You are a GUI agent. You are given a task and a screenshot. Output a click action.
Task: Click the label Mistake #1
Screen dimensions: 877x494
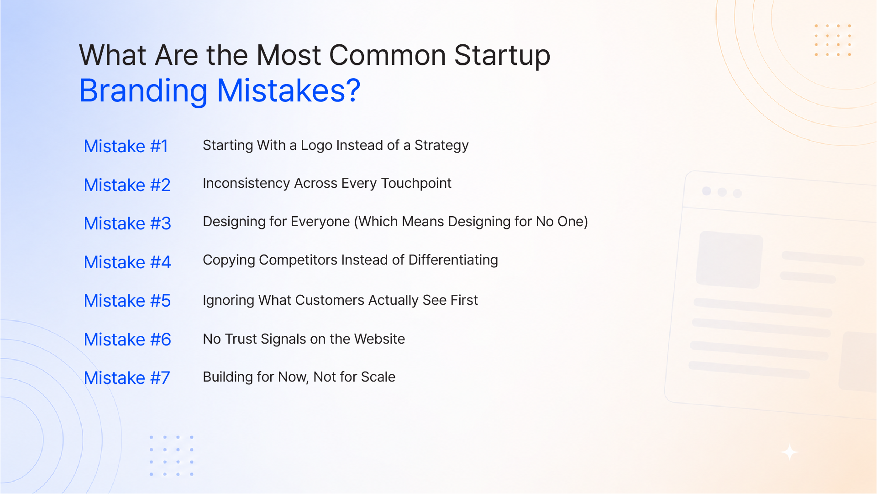[126, 146]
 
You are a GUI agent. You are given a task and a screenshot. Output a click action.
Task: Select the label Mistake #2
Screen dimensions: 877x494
[127, 185]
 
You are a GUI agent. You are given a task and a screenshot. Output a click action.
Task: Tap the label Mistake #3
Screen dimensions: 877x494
[127, 223]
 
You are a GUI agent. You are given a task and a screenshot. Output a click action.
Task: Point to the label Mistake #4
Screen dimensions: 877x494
[127, 262]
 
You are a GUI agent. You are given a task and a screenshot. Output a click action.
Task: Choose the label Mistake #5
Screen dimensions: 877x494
[127, 301]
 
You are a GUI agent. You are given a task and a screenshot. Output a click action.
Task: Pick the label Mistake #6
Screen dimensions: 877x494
[127, 340]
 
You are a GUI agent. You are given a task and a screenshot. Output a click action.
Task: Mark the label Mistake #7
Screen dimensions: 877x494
[127, 378]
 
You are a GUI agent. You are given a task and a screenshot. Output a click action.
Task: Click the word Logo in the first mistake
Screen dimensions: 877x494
[316, 146]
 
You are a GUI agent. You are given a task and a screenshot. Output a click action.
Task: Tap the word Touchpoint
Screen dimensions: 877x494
[416, 184]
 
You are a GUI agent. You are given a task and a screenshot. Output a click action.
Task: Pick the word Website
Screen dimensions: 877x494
[379, 339]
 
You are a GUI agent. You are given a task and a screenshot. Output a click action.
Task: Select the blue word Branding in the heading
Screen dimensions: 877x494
[143, 91]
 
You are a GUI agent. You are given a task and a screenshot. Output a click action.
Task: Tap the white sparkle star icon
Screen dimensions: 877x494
[789, 452]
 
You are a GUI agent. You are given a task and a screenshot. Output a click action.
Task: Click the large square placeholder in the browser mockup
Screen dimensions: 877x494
[729, 260]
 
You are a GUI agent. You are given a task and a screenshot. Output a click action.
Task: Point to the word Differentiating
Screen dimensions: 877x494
[453, 260]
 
